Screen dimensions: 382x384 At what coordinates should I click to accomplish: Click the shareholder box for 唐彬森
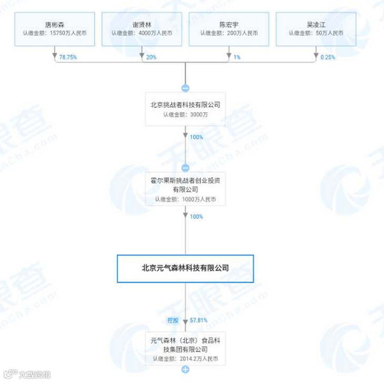pyautogui.click(x=55, y=29)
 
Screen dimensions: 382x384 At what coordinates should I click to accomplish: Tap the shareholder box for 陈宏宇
pyautogui.click(x=229, y=29)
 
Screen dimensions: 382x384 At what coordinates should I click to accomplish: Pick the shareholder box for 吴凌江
pyautogui.click(x=316, y=29)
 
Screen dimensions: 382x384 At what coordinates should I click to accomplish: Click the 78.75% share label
pyautogui.click(x=68, y=57)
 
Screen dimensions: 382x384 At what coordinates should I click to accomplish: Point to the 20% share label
pyautogui.click(x=151, y=57)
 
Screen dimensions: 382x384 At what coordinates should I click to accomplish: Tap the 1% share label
pyautogui.click(x=237, y=57)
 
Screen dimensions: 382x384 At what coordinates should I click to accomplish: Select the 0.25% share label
pyautogui.click(x=328, y=57)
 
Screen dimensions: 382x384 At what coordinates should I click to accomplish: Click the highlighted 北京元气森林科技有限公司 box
pyautogui.click(x=185, y=268)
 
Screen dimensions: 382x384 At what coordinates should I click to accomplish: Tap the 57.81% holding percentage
pyautogui.click(x=198, y=320)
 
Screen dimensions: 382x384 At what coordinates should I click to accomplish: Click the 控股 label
pyautogui.click(x=173, y=320)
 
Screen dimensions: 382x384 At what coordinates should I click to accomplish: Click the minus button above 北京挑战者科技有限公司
pyautogui.click(x=185, y=88)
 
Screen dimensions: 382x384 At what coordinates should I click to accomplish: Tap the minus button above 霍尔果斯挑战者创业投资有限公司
pyautogui.click(x=185, y=168)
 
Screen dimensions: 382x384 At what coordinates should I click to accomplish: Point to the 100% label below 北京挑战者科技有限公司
pyautogui.click(x=196, y=137)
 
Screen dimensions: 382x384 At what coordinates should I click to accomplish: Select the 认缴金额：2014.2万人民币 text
pyautogui.click(x=185, y=359)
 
